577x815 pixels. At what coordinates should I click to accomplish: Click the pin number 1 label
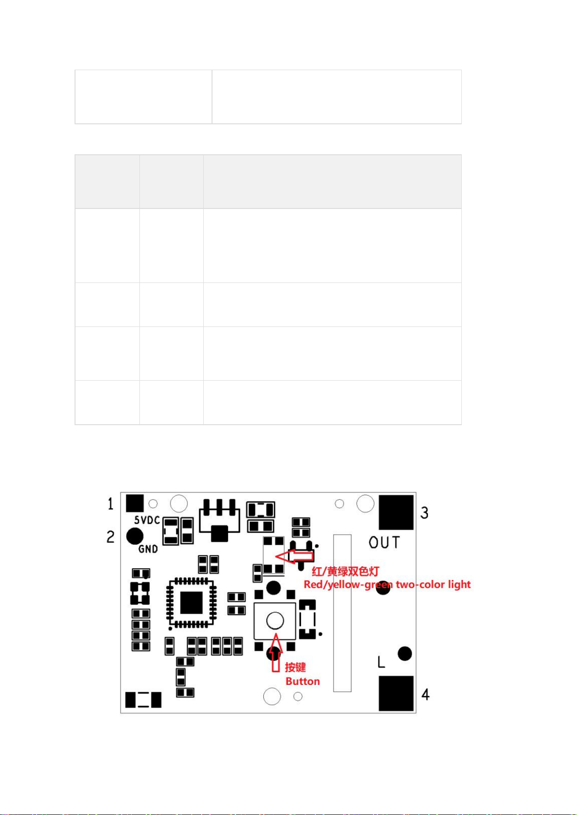point(110,504)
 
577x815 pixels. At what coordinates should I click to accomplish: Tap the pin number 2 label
point(111,537)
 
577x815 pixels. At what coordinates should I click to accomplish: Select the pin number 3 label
point(425,513)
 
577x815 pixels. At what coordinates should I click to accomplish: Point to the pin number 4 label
point(425,695)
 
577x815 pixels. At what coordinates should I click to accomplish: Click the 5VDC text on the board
point(147,520)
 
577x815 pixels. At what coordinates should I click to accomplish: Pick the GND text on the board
point(148,549)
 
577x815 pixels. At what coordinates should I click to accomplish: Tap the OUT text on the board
point(384,543)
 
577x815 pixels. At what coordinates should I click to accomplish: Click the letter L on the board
point(381,662)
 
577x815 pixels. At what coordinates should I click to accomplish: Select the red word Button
point(303,682)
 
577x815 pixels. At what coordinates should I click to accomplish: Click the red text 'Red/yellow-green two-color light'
point(387,584)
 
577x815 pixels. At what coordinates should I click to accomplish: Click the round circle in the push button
point(275,621)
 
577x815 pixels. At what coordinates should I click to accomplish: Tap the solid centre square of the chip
point(191,603)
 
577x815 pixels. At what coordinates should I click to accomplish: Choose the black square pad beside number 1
point(135,503)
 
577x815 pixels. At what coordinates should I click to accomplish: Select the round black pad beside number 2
point(135,536)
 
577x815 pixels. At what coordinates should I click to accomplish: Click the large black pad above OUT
point(396,512)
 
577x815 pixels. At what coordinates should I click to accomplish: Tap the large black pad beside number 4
point(396,694)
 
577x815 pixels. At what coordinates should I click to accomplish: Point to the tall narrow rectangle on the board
point(342,613)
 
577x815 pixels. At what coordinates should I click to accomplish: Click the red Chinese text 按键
point(295,667)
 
